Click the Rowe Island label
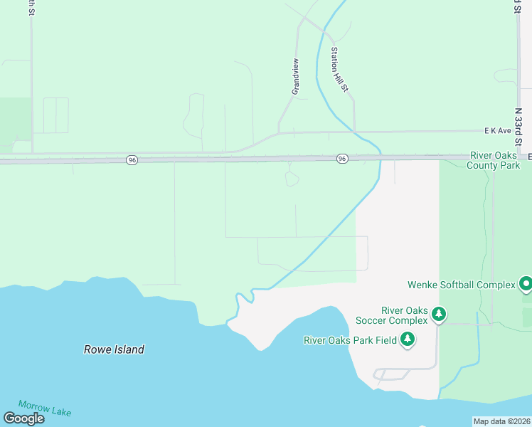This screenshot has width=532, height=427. pos(114,349)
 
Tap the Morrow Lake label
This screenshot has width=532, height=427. pos(45,408)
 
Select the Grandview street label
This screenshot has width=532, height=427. pos(295,77)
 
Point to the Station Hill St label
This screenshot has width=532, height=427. pos(339,69)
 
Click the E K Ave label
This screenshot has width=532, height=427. pos(498,131)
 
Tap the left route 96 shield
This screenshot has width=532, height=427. pos(132,160)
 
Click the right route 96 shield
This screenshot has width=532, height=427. pos(342,159)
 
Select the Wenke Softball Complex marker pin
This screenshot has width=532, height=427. pos(526,285)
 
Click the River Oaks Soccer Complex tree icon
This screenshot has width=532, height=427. pos(440,314)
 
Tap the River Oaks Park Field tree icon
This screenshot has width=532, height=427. pos(408,339)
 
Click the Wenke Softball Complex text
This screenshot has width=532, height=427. pos(461,285)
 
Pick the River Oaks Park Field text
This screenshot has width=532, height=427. pos(350,340)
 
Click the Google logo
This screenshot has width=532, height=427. pos(23,418)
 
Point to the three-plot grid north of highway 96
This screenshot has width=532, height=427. pos(56,115)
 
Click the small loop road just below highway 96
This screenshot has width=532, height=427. pos(292,178)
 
